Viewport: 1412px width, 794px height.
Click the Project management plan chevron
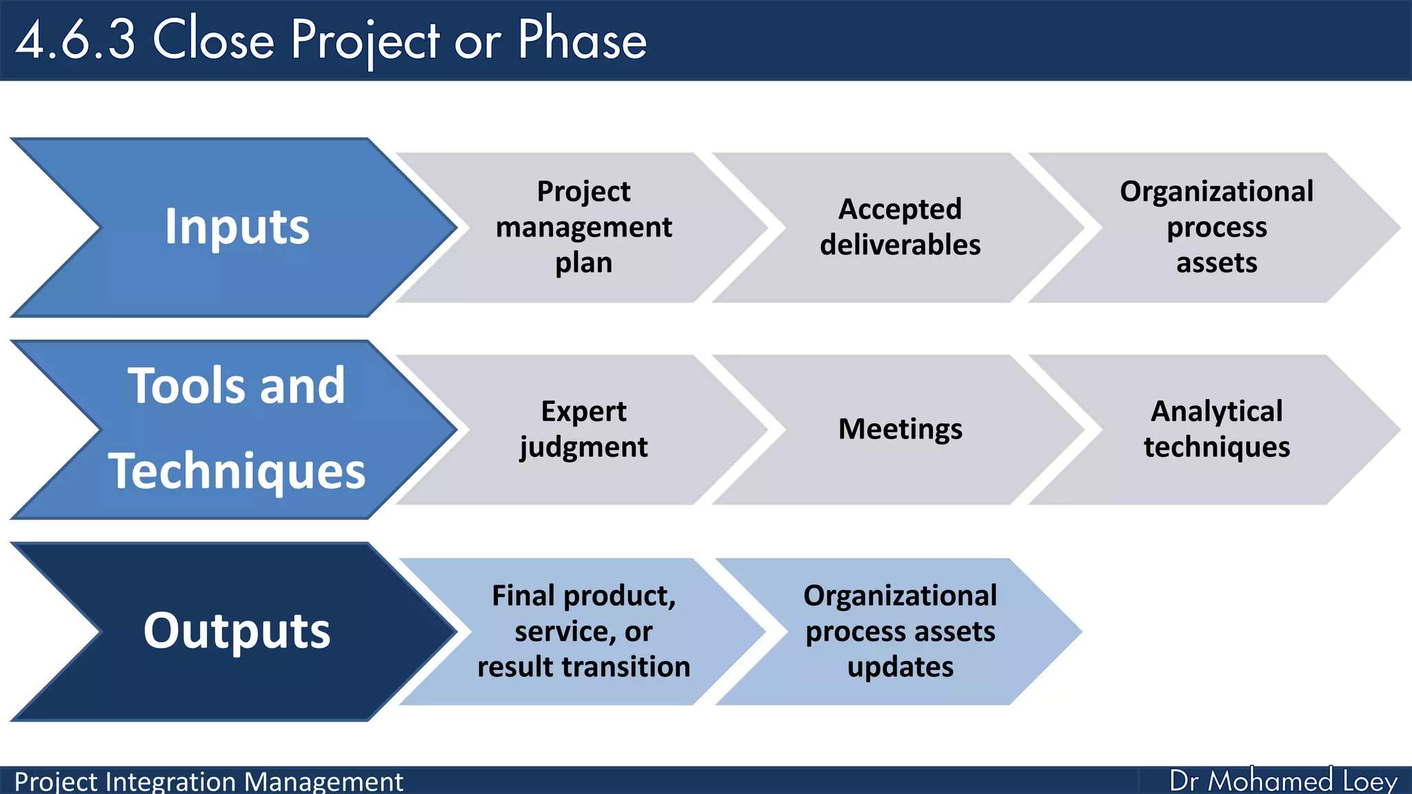coord(583,227)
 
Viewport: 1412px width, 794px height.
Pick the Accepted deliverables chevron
coord(900,227)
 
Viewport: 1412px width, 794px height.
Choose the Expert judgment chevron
coord(583,429)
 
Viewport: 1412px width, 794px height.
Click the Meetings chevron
coord(900,429)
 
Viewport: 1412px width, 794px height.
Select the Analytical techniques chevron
coord(1216,429)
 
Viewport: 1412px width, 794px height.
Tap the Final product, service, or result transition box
coord(583,631)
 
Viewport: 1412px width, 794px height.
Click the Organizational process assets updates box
coord(900,631)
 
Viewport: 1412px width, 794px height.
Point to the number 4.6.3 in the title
coord(76,40)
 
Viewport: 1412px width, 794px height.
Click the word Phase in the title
coord(582,40)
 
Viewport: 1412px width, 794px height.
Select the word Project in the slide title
coord(365,40)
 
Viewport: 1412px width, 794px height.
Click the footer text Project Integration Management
coord(208,782)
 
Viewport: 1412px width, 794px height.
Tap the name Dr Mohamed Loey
coord(1283,781)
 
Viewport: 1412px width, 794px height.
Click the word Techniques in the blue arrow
coord(237,471)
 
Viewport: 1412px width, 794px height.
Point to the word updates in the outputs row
coord(900,667)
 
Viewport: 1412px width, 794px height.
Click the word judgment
coord(583,447)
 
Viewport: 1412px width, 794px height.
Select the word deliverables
coord(900,245)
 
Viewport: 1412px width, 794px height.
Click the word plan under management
coord(583,263)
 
